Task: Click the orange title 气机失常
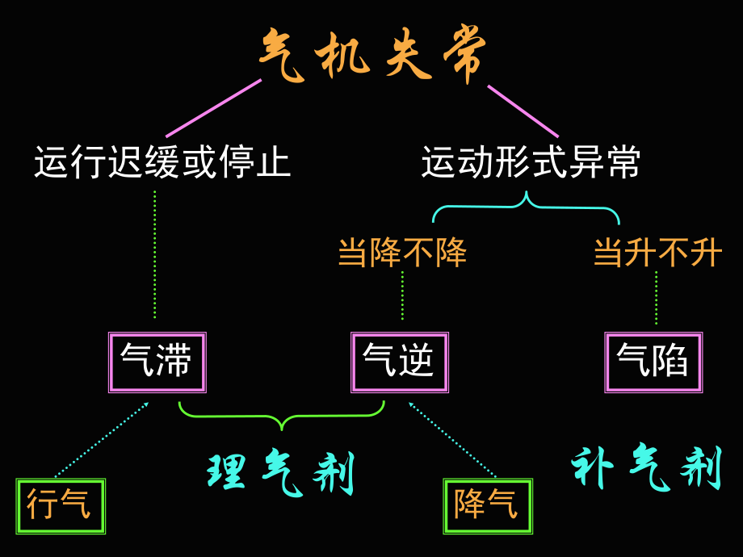pyautogui.click(x=373, y=57)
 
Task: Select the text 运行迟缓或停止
pyautogui.click(x=162, y=162)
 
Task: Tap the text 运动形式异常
pyautogui.click(x=531, y=162)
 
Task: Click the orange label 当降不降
pyautogui.click(x=402, y=253)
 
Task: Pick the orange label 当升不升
pyautogui.click(x=657, y=253)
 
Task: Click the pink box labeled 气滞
pyautogui.click(x=157, y=362)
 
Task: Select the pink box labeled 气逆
pyautogui.click(x=399, y=362)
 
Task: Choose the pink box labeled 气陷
pyautogui.click(x=653, y=362)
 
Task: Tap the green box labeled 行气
pyautogui.click(x=61, y=506)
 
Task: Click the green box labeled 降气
pyautogui.click(x=488, y=506)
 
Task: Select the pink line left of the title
pyautogui.click(x=214, y=107)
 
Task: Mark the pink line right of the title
pyautogui.click(x=523, y=111)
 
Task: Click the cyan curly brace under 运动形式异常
pyautogui.click(x=527, y=207)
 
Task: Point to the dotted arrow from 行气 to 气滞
pyautogui.click(x=103, y=439)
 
